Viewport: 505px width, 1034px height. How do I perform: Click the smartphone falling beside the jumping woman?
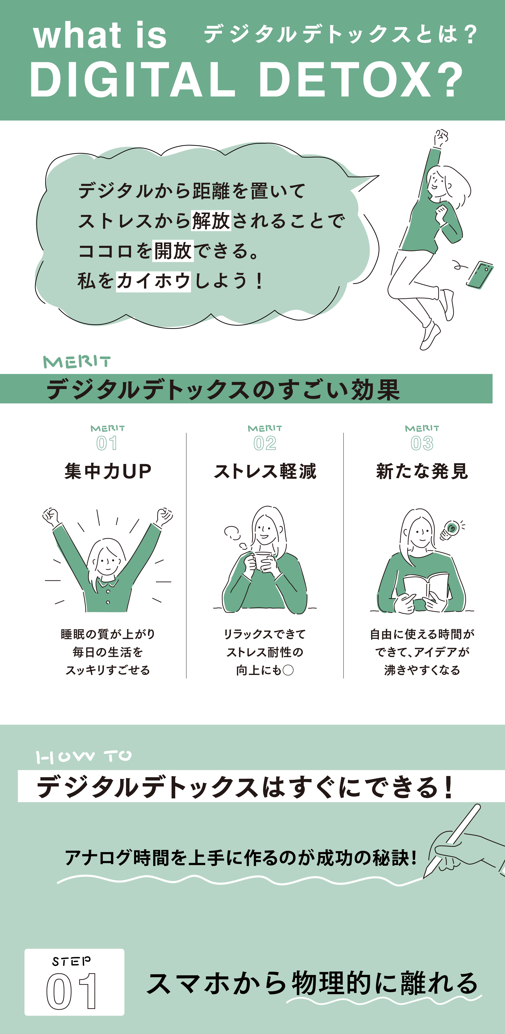click(x=480, y=275)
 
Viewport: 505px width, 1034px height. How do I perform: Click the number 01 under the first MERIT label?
click(x=107, y=443)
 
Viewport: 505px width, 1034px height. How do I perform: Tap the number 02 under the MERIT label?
click(x=265, y=443)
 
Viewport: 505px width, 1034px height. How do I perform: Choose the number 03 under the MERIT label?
click(x=422, y=443)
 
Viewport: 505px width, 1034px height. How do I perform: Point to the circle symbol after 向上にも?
click(x=288, y=670)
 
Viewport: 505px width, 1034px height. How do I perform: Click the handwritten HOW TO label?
click(x=84, y=757)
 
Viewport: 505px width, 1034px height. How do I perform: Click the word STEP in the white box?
click(x=71, y=961)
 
